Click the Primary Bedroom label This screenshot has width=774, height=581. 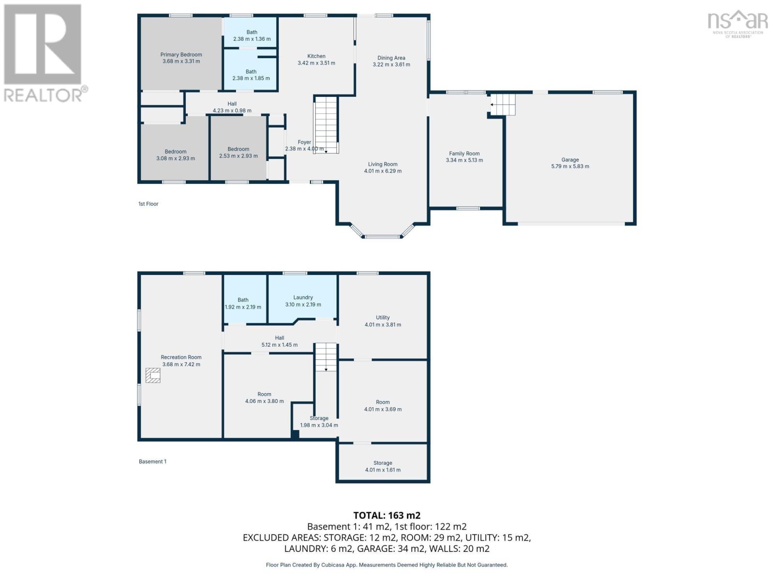click(181, 55)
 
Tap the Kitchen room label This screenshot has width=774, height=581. click(316, 56)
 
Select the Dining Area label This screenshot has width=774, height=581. click(391, 58)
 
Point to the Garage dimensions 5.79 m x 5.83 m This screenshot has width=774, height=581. click(570, 167)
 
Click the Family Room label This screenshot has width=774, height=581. click(464, 153)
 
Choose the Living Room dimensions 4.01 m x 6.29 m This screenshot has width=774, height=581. click(383, 171)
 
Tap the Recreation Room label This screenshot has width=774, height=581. click(181, 357)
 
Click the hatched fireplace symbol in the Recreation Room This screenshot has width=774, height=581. click(153, 375)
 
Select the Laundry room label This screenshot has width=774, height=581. click(303, 298)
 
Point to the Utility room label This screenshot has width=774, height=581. click(383, 318)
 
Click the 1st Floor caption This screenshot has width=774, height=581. click(148, 204)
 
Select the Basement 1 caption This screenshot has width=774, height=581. click(152, 461)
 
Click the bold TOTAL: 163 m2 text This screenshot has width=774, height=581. click(387, 515)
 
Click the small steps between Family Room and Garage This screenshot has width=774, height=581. click(503, 105)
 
